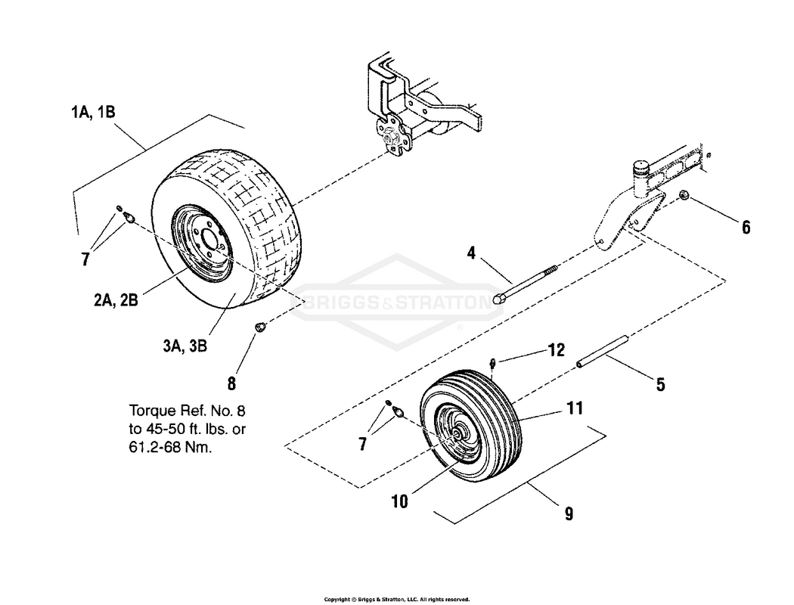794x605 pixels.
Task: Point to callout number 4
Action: pyautogui.click(x=471, y=253)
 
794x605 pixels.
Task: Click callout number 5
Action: pyautogui.click(x=660, y=385)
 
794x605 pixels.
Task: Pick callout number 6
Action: pyautogui.click(x=746, y=227)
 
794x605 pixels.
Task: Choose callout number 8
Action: pyautogui.click(x=232, y=382)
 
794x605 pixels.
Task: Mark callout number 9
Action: pyautogui.click(x=568, y=514)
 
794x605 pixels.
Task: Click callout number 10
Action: pyautogui.click(x=399, y=501)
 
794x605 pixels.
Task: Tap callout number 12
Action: pyautogui.click(x=557, y=350)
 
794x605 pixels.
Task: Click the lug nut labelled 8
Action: pyautogui.click(x=259, y=327)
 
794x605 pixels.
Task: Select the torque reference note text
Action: pyautogui.click(x=188, y=429)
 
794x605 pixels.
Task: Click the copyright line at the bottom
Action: pyautogui.click(x=396, y=599)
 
